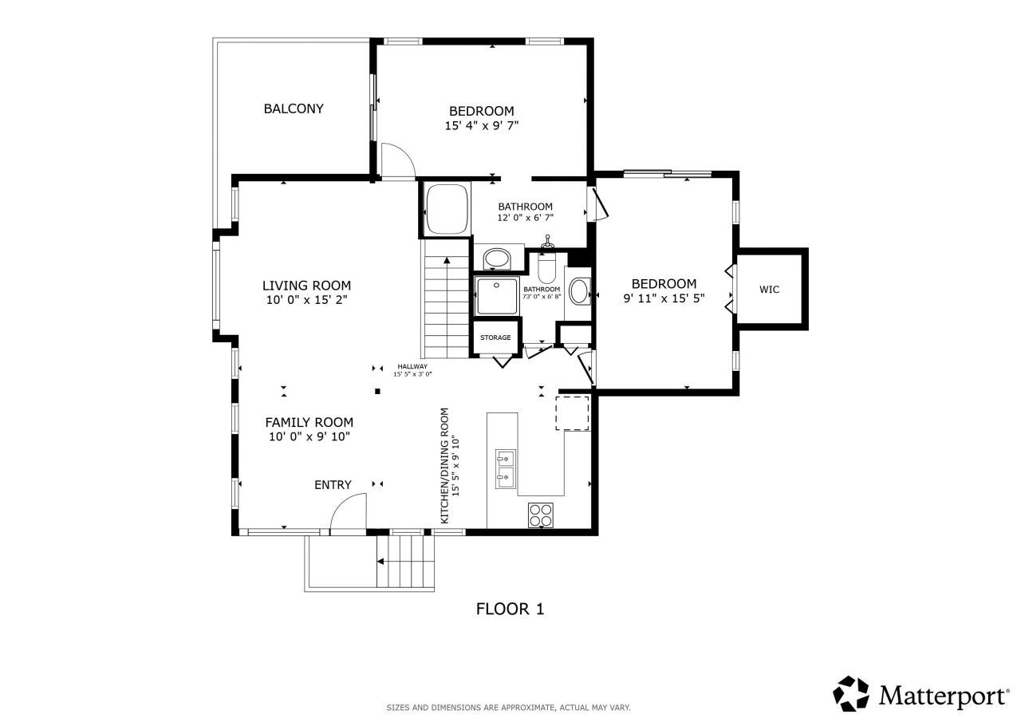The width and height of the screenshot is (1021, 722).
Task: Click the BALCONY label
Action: click(294, 108)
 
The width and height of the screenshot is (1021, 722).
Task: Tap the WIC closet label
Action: click(769, 290)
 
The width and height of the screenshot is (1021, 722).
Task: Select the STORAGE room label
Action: click(495, 337)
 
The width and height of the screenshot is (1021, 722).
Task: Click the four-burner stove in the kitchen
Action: click(541, 515)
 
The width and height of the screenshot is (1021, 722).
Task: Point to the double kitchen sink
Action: click(505, 468)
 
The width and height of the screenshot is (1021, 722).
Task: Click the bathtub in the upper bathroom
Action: click(446, 209)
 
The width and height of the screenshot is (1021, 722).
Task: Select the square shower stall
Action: click(496, 295)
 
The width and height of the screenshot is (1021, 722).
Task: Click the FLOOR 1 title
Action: click(510, 610)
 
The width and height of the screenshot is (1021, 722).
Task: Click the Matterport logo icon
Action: click(851, 694)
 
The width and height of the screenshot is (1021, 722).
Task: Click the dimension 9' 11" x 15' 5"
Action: click(664, 299)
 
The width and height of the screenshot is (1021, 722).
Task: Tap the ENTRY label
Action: click(333, 485)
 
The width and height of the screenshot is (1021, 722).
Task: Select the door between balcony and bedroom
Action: click(396, 161)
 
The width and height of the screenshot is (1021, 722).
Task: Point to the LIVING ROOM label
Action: click(306, 286)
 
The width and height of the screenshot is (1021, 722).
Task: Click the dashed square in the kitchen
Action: click(573, 412)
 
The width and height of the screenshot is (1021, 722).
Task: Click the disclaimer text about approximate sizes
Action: click(509, 708)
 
